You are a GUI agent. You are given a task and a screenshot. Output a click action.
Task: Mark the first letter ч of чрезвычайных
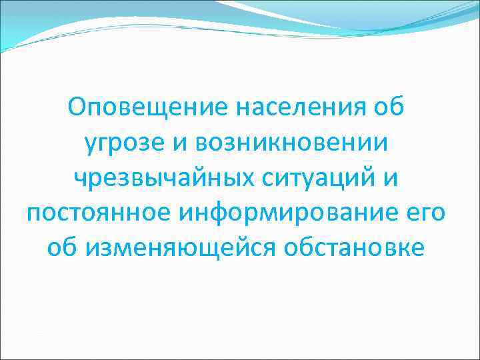(x=80, y=177)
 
